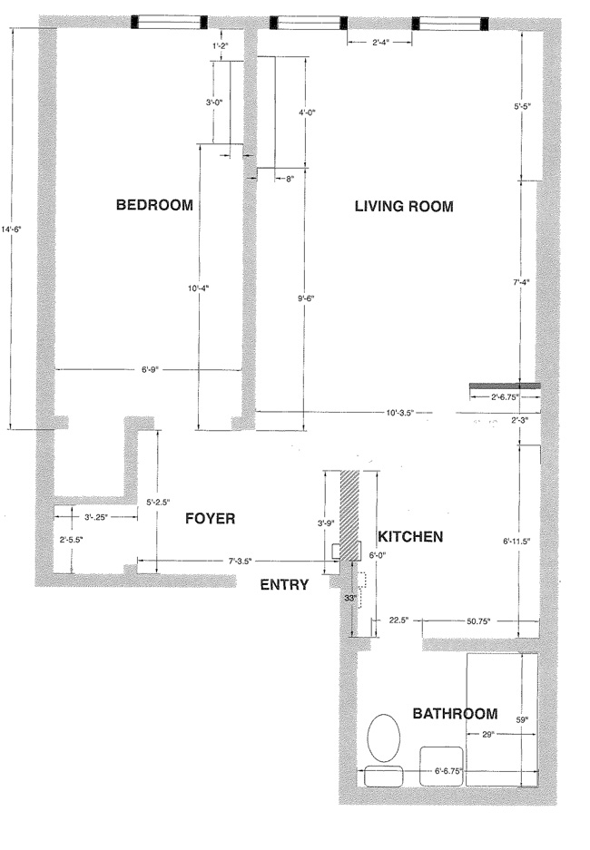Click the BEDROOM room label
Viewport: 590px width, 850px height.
(x=154, y=205)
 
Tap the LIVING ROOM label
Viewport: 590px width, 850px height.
(x=403, y=207)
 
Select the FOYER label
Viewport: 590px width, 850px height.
(x=210, y=519)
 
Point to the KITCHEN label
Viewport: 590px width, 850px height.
(x=410, y=537)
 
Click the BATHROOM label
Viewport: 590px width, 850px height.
(x=455, y=714)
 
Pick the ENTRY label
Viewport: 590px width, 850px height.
(x=283, y=584)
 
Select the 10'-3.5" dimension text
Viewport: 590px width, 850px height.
(x=399, y=413)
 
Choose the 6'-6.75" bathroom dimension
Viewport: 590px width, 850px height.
(x=447, y=772)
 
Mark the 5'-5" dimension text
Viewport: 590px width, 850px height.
(x=522, y=107)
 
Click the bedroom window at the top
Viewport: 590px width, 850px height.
(x=169, y=22)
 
